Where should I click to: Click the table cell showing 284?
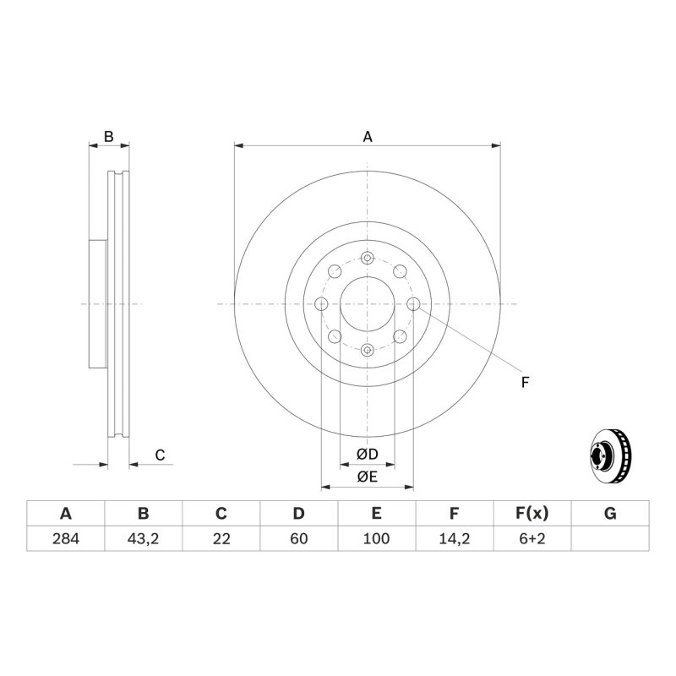point(66,538)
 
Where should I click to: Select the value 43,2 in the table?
point(143,538)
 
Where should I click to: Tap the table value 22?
point(221,538)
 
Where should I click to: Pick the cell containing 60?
point(299,538)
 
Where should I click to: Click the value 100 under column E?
point(376,538)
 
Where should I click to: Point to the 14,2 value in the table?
point(454,538)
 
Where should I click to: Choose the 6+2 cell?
point(532,538)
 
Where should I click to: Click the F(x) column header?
point(532,514)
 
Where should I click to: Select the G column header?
point(610,514)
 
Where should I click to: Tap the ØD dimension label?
point(368,454)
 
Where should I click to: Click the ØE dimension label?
point(368,477)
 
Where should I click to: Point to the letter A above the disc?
point(368,137)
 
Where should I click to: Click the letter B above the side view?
point(109,137)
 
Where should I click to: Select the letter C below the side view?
point(160,455)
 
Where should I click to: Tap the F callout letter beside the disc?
point(525,383)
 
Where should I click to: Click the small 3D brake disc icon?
point(610,455)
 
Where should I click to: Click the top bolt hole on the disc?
point(367,259)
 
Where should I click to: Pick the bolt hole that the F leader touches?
point(413,304)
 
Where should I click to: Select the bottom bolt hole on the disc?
point(367,350)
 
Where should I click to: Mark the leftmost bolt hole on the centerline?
point(321,304)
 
